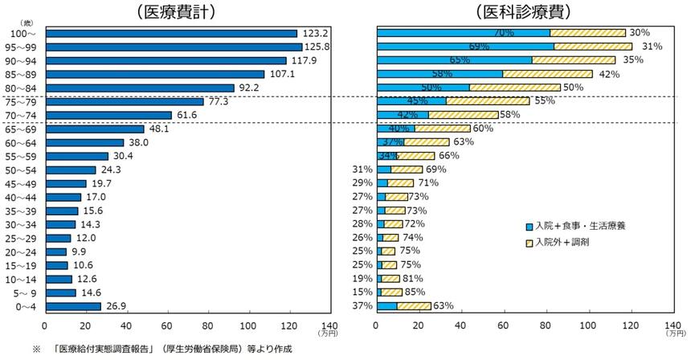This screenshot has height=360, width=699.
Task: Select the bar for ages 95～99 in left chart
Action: pos(174,47)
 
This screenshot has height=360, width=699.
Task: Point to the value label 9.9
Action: pos(79,252)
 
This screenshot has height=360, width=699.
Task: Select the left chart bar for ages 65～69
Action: pos(95,129)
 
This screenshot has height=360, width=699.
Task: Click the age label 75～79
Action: pos(22,102)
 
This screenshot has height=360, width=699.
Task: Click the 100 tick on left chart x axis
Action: pos(249,325)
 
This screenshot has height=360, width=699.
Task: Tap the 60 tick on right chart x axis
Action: pos(503,325)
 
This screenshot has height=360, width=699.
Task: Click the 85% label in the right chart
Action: pos(415,292)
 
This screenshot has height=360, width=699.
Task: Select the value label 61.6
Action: pos(187,115)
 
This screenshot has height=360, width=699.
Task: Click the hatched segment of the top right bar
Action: pos(587,33)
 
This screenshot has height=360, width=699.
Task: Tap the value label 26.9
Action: pos(117,306)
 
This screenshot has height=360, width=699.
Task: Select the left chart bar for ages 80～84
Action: pos(140,88)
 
